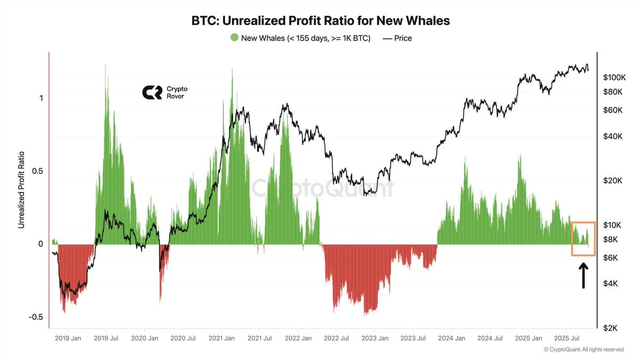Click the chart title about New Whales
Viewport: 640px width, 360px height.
321,21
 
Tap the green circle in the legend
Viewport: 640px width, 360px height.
234,38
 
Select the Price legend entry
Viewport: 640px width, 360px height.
397,38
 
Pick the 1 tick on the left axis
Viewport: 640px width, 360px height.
41,98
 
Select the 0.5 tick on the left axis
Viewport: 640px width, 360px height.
37,171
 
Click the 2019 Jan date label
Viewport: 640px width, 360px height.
68,338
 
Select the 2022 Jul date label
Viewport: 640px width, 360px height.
337,338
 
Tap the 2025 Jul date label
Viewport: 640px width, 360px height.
567,338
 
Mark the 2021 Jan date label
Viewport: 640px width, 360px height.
222,338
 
